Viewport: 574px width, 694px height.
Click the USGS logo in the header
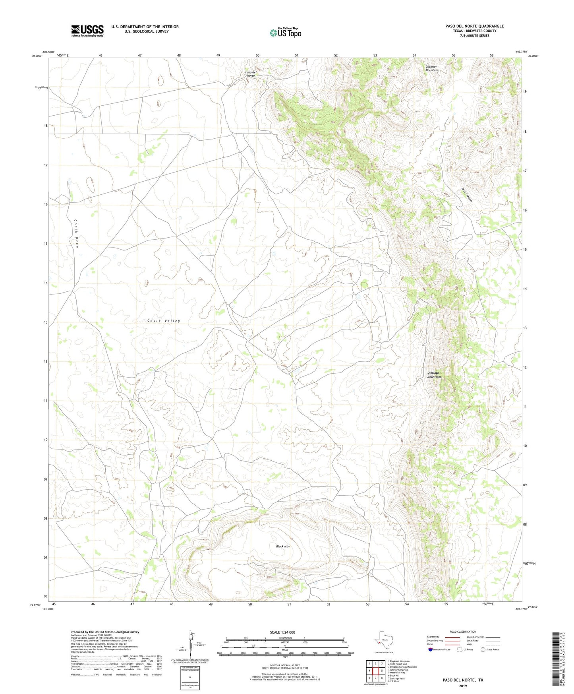(87, 31)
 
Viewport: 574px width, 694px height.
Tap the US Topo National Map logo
(285, 32)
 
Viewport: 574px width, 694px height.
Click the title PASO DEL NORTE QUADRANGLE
(474, 26)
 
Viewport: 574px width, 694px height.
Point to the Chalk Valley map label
(164, 321)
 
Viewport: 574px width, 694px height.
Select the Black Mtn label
(283, 547)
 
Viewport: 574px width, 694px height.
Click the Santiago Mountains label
(434, 375)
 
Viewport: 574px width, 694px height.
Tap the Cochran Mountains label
(432, 68)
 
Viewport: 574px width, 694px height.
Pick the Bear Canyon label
(467, 194)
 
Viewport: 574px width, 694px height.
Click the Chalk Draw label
(76, 233)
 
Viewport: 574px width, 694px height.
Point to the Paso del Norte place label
(251, 74)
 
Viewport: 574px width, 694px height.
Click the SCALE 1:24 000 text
(282, 632)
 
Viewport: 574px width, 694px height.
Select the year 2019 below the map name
(463, 686)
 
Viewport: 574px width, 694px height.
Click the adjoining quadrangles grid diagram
(375, 671)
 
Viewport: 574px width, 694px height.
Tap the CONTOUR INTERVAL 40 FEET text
(284, 665)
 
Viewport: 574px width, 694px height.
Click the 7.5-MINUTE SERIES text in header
(474, 36)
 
